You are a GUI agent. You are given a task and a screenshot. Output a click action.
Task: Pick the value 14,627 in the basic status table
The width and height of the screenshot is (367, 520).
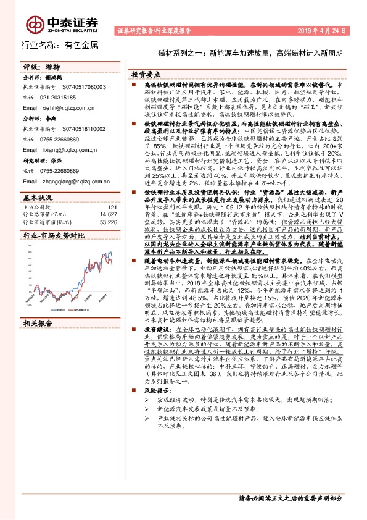[107, 215]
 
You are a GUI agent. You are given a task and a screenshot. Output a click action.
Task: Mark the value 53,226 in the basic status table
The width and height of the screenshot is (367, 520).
[107, 222]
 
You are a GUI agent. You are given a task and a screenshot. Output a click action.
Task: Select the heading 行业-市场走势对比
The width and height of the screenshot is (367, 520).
[54, 236]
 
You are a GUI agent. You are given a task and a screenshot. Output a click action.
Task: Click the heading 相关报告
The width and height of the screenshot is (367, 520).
[38, 322]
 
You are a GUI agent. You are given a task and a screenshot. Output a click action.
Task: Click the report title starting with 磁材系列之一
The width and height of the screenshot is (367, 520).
[250, 53]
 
